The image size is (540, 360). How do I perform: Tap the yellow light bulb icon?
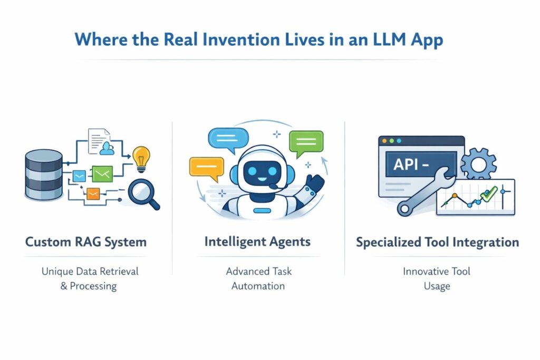tap(141, 158)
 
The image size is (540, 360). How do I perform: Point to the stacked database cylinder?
tap(44, 174)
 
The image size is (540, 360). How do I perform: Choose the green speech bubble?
tap(305, 143)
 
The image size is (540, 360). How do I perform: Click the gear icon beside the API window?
tap(478, 164)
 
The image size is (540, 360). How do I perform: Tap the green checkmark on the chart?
tap(491, 192)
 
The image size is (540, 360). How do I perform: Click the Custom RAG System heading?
tap(86, 242)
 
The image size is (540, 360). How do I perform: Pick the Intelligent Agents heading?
tap(257, 242)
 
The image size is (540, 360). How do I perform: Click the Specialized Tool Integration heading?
tap(437, 242)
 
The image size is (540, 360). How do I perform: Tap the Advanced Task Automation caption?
tap(258, 279)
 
